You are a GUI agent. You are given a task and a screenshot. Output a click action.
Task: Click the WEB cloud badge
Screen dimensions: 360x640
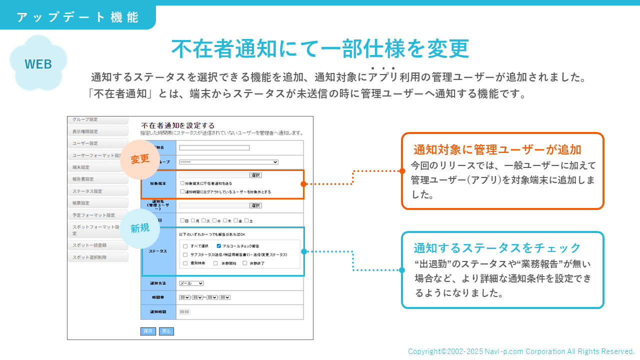tap(38, 64)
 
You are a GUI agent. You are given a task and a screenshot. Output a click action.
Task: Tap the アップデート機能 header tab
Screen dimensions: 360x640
tap(77, 17)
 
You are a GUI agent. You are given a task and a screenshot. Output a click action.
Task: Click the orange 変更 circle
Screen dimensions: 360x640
tap(140, 159)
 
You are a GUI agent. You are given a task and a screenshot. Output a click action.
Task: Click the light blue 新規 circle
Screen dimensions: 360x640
tap(139, 228)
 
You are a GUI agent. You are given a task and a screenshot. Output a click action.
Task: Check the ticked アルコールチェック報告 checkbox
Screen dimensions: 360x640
tap(219, 246)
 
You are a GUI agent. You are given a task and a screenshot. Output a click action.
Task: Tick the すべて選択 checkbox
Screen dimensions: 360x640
tap(185, 246)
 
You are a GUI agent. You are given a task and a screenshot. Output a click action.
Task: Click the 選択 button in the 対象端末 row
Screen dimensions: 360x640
tap(255, 175)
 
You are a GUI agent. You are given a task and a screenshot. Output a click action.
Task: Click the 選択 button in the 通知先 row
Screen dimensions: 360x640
tap(255, 205)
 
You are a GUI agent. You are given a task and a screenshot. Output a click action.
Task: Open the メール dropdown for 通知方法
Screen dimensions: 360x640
tap(191, 283)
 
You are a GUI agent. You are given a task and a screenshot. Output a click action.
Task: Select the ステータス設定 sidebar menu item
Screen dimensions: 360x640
tap(98, 191)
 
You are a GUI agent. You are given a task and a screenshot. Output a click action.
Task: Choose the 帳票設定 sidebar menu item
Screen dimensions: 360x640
tap(98, 203)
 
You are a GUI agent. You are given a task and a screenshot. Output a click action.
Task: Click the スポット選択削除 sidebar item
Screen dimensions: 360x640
tap(98, 257)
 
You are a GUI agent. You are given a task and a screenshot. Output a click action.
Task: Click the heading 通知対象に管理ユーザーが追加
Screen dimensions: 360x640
tap(497, 149)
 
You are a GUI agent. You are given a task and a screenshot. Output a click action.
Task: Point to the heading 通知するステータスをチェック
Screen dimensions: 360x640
tap(497, 248)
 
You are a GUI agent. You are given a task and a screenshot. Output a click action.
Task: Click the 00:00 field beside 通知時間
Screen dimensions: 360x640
tap(184, 311)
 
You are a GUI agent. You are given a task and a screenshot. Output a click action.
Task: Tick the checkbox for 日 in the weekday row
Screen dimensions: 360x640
tap(182, 220)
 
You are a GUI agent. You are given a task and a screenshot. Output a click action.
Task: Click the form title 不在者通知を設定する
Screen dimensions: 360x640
tap(178, 125)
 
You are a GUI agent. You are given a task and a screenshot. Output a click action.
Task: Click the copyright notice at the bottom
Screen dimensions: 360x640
tap(521, 351)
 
